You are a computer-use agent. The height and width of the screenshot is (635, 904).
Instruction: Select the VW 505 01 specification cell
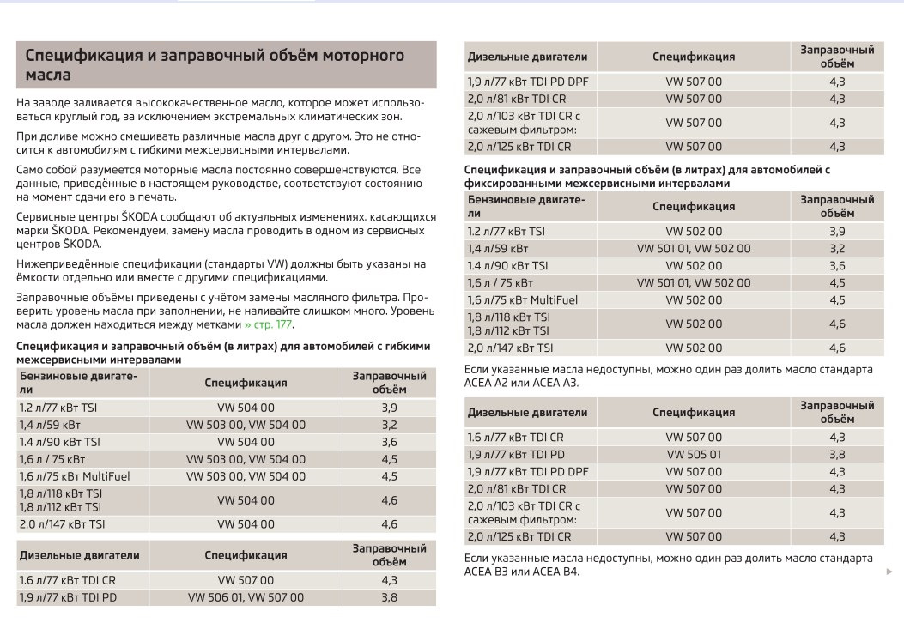pyautogui.click(x=693, y=454)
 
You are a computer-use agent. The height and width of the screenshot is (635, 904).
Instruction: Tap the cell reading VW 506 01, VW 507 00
pyautogui.click(x=246, y=597)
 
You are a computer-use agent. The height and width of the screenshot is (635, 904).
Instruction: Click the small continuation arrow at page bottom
pyautogui.click(x=889, y=570)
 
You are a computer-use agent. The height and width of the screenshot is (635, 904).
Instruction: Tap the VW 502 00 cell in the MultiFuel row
pyautogui.click(x=693, y=299)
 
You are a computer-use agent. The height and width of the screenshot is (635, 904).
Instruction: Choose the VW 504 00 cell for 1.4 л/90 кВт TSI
pyautogui.click(x=246, y=442)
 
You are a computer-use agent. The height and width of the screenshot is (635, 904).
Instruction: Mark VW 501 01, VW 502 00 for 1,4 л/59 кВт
pyautogui.click(x=693, y=248)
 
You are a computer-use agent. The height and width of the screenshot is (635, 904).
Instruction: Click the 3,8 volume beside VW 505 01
pyautogui.click(x=837, y=454)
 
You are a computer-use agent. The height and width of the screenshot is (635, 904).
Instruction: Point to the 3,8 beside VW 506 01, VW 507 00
pyautogui.click(x=389, y=597)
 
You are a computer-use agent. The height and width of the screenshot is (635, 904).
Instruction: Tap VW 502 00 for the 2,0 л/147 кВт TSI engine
pyautogui.click(x=693, y=348)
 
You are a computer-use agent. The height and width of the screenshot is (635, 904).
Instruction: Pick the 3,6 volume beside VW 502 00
pyautogui.click(x=837, y=265)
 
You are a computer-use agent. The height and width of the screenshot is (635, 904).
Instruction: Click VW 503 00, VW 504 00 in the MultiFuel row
pyautogui.click(x=246, y=476)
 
